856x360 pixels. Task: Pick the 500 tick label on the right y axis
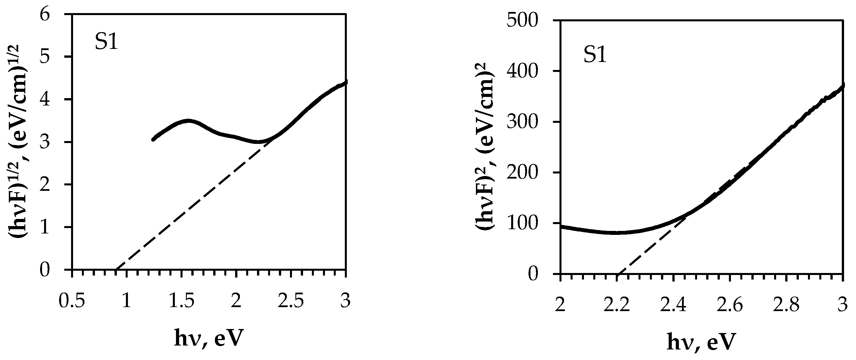click(523, 20)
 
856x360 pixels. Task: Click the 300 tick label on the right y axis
click(523, 122)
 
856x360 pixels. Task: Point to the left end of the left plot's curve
click(153, 139)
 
